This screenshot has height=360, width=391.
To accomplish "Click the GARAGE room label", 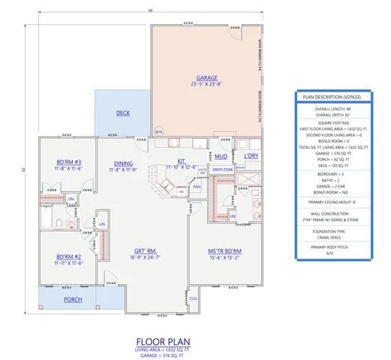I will click(x=206, y=77).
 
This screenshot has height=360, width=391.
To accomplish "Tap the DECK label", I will click(x=123, y=113).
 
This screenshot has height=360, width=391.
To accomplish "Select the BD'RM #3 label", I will click(x=68, y=163).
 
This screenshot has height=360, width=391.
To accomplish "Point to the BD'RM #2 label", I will click(x=68, y=256).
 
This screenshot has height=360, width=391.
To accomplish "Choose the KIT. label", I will click(x=181, y=160).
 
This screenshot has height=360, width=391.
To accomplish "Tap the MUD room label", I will click(x=221, y=157).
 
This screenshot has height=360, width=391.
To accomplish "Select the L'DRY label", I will click(x=251, y=156).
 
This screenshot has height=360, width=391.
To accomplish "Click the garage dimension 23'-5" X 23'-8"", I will click(x=206, y=85).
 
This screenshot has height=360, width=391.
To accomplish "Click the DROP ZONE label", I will click(x=222, y=169).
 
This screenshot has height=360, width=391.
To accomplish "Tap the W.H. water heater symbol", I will click(x=158, y=131).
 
